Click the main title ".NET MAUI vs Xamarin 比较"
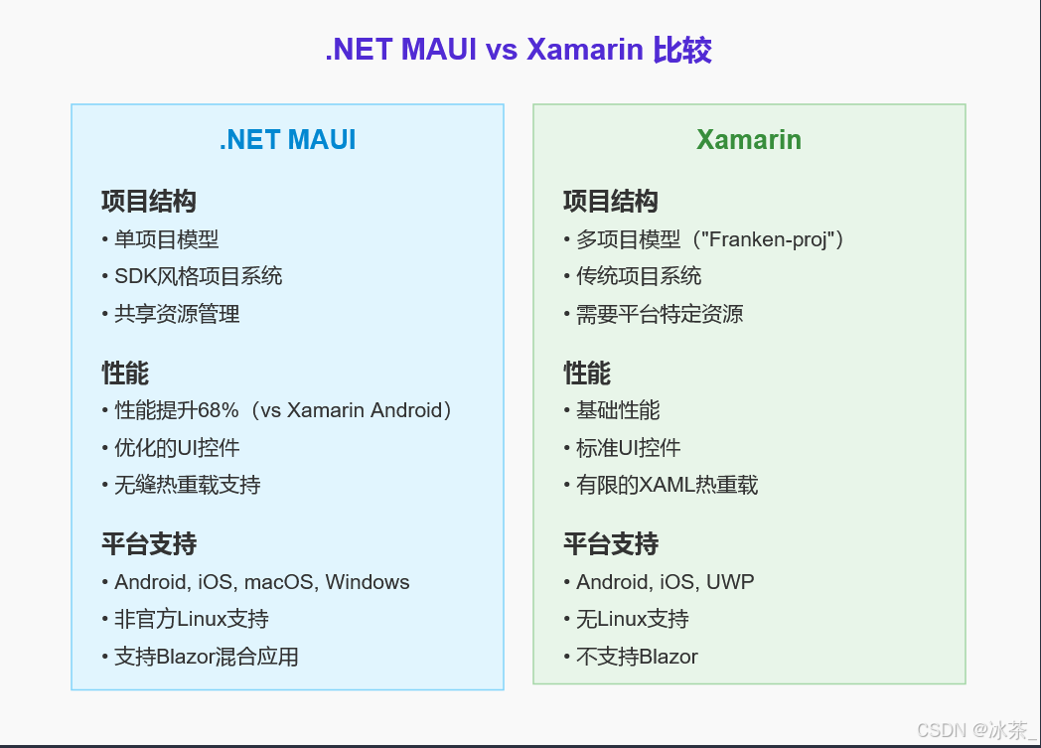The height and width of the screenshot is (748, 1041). point(519,49)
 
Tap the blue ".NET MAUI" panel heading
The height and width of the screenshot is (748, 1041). point(287,140)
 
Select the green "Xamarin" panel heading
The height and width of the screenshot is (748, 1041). point(749,140)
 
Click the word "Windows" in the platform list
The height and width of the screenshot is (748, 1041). point(368,582)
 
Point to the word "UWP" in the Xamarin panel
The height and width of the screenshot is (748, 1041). point(730,582)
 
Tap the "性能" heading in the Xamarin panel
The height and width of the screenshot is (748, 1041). point(587,374)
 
